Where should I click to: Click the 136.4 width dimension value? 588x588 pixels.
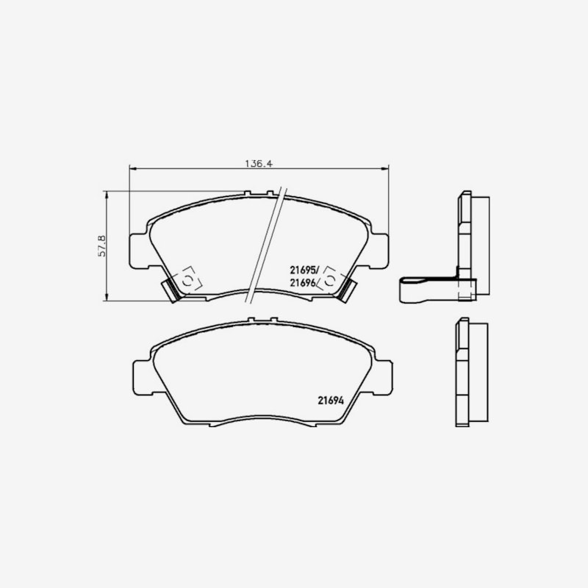[x=258, y=164]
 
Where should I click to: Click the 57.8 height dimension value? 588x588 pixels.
[x=101, y=246]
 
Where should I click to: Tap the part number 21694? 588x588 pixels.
[x=331, y=401]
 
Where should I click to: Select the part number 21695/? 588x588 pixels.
[x=304, y=270]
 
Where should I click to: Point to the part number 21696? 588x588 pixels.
[x=303, y=283]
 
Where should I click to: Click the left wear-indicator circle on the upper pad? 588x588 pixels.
[x=187, y=281]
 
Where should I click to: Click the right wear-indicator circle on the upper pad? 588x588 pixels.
[x=329, y=281]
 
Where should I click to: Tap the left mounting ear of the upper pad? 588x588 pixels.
[x=140, y=251]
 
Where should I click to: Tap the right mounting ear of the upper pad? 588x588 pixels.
[x=379, y=251]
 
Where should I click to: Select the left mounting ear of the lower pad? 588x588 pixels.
[x=143, y=377]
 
